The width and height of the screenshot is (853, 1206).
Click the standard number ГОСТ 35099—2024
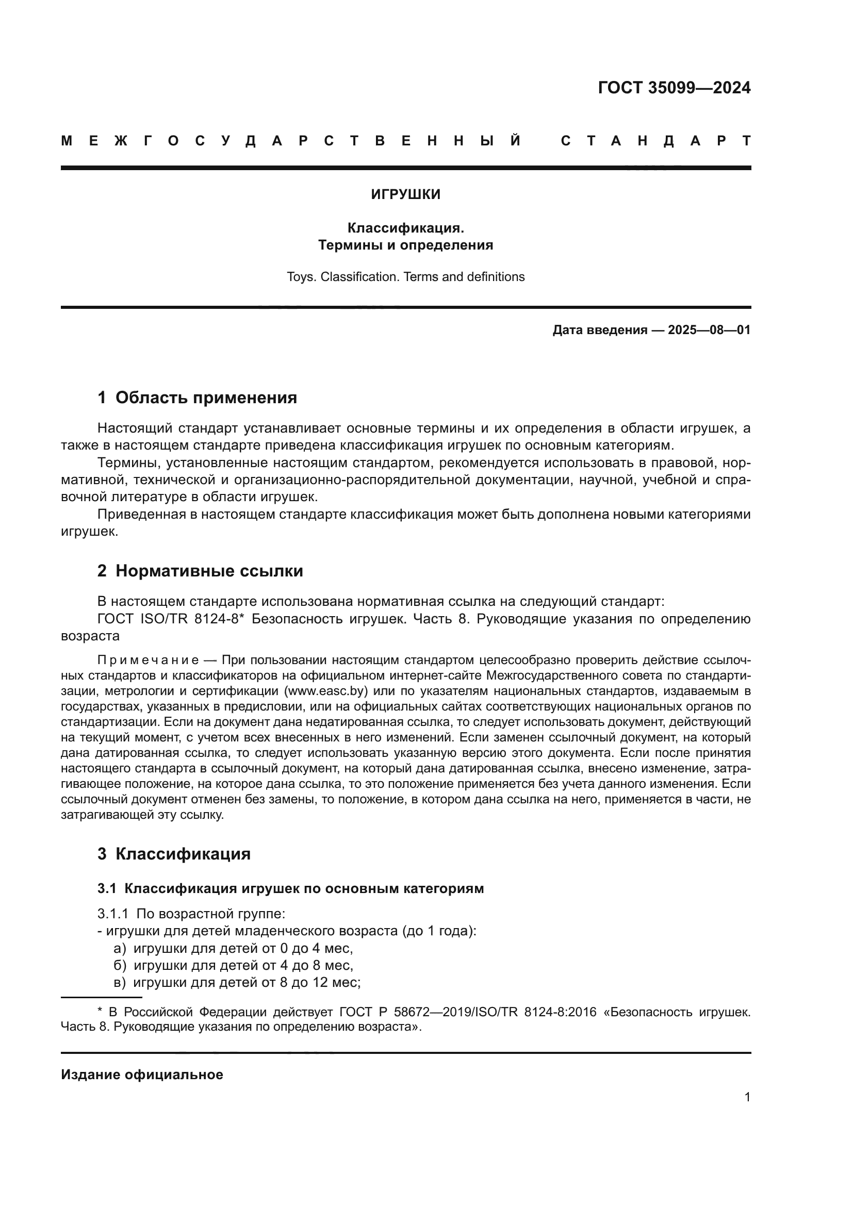click(674, 88)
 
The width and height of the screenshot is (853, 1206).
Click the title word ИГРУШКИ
click(405, 195)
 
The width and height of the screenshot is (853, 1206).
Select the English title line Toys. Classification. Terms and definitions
click(405, 277)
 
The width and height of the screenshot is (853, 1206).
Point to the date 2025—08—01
click(709, 331)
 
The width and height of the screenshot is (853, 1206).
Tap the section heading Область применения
click(206, 398)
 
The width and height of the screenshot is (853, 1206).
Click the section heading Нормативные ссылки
click(209, 571)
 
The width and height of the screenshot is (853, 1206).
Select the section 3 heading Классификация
click(183, 854)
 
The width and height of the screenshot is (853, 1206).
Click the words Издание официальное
click(142, 1075)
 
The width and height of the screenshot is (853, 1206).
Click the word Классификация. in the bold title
click(405, 228)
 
